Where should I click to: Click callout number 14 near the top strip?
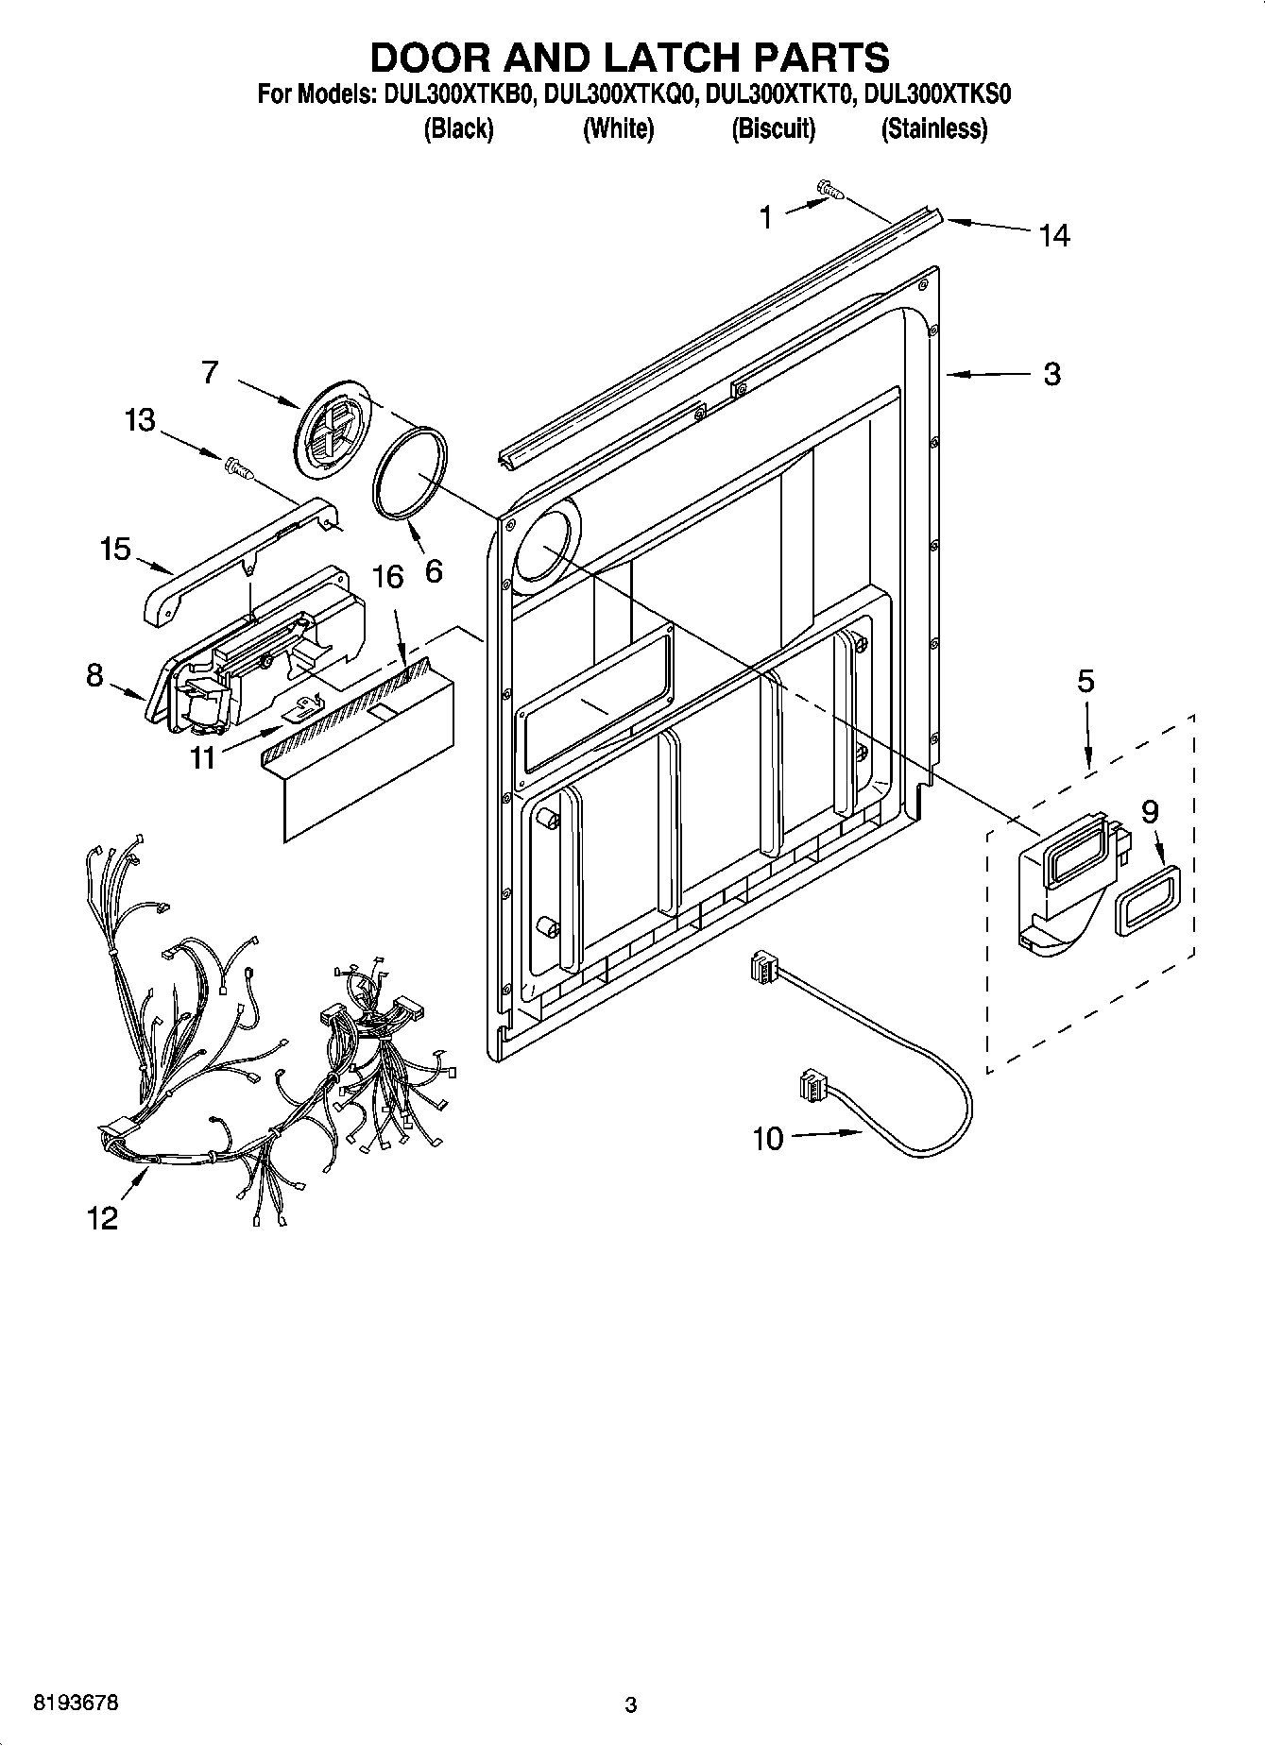(x=1054, y=235)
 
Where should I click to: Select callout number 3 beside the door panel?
(x=1052, y=374)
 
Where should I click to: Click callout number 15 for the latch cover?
(x=115, y=549)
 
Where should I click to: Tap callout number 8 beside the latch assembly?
(x=94, y=675)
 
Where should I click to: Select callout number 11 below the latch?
(x=203, y=756)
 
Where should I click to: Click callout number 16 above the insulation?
(x=387, y=576)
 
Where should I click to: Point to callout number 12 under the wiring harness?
(x=102, y=1218)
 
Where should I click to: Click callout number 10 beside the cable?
(x=768, y=1139)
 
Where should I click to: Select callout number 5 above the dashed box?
(x=1086, y=681)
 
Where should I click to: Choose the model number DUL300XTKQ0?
(x=620, y=94)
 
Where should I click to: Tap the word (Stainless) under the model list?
(x=933, y=128)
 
